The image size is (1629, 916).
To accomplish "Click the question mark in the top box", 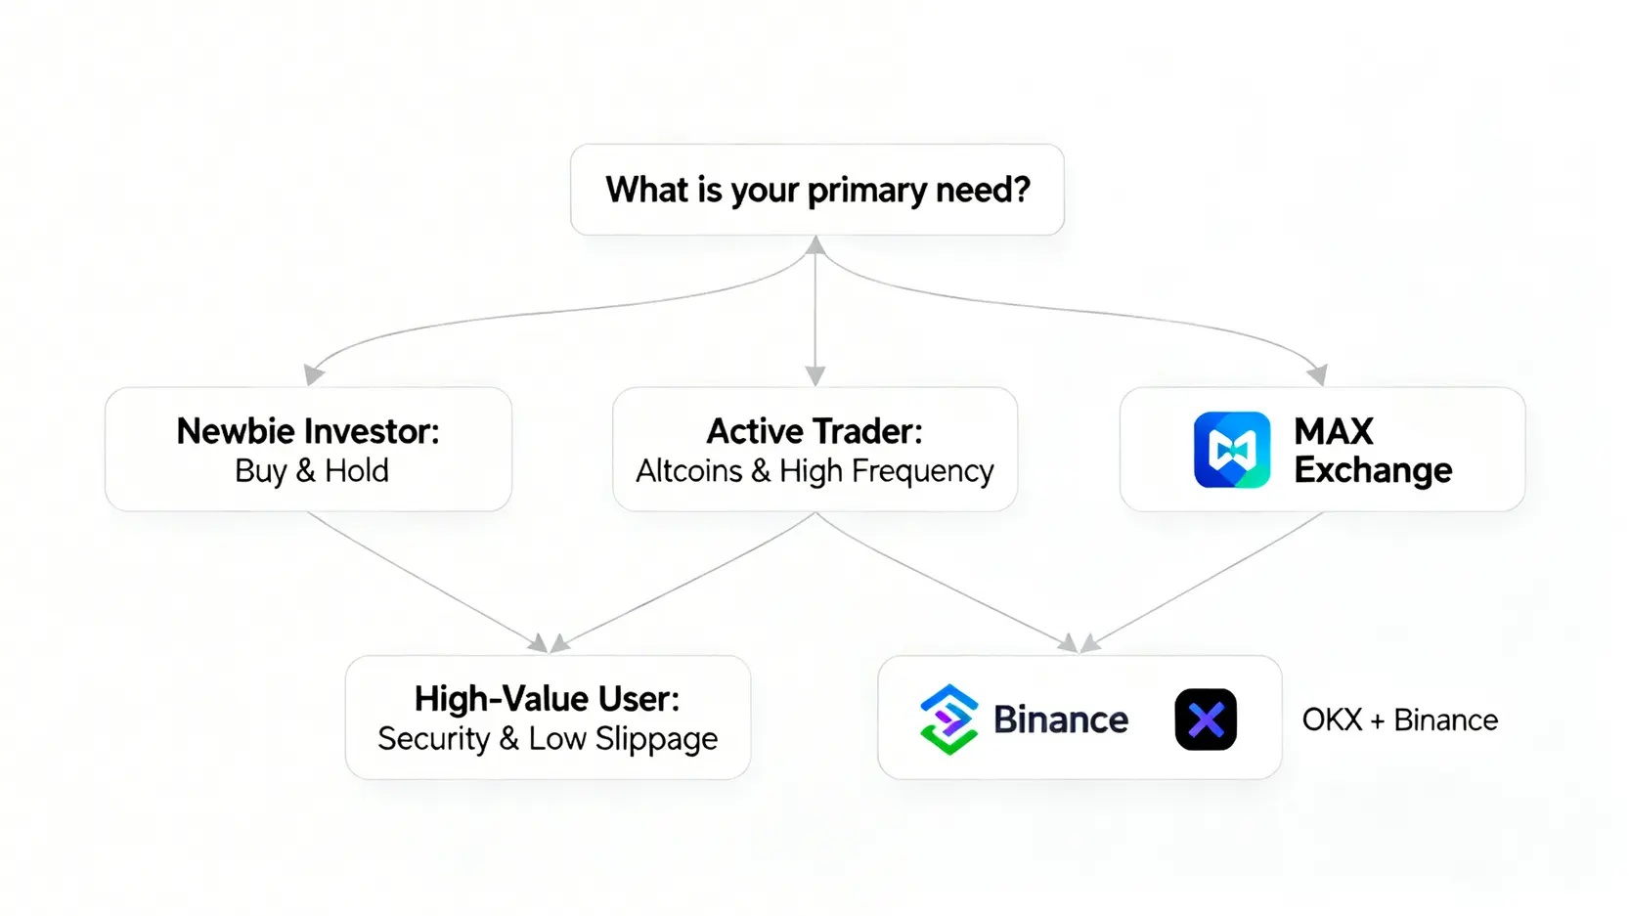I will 1021,189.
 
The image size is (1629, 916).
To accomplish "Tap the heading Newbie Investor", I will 307,431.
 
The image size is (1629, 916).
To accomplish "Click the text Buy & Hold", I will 312,471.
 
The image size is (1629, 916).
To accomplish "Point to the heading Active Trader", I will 814,431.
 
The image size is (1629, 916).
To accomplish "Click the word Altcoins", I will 688,471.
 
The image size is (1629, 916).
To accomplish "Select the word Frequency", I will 922,472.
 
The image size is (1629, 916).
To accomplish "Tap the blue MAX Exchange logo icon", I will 1232,450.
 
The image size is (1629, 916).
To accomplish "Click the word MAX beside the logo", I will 1334,431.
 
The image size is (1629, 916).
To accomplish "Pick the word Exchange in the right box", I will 1373,470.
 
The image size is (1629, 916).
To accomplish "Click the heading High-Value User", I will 547,699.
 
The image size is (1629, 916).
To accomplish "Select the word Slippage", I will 656,740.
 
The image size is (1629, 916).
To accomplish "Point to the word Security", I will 433,739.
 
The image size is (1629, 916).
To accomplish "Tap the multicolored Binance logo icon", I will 948,720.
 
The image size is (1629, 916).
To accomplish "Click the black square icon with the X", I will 1206,720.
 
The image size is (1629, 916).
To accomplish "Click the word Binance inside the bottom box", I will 1061,720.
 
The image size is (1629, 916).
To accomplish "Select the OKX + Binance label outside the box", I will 1399,720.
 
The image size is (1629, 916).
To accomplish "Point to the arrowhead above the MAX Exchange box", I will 1318,374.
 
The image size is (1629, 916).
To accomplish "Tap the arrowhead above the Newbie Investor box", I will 313,374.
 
